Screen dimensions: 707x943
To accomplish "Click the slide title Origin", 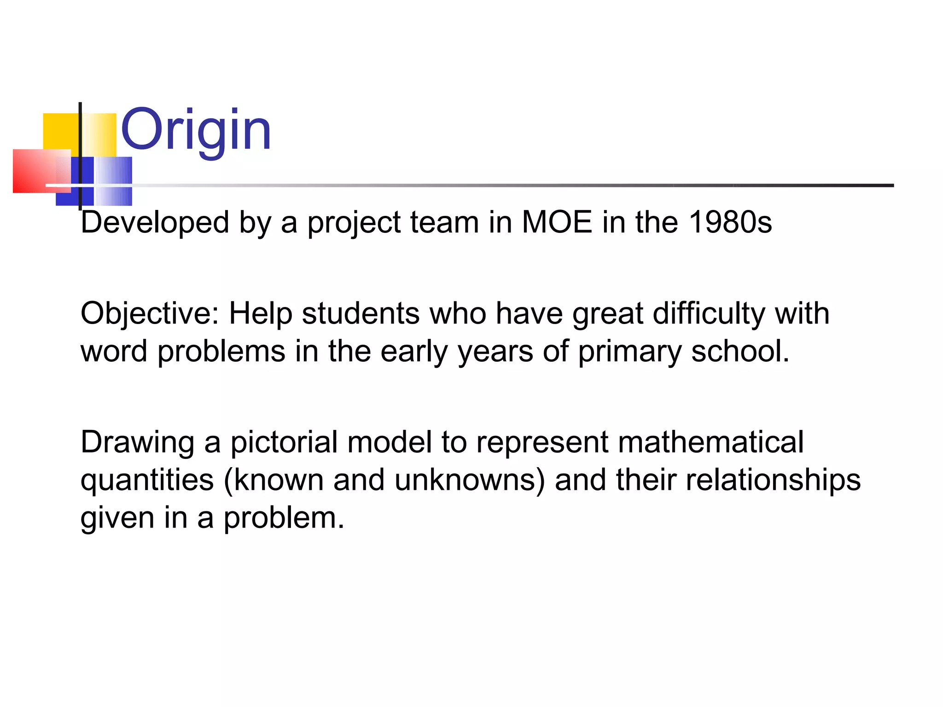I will (x=196, y=130).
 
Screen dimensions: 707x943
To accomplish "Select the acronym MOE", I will (x=557, y=222).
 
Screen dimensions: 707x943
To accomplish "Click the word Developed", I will (x=155, y=222).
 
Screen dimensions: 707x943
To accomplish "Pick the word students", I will (x=361, y=313).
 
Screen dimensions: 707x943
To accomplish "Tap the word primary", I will (x=629, y=352).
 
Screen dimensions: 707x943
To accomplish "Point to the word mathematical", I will (x=710, y=442).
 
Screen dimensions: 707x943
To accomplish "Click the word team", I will (x=444, y=222).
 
